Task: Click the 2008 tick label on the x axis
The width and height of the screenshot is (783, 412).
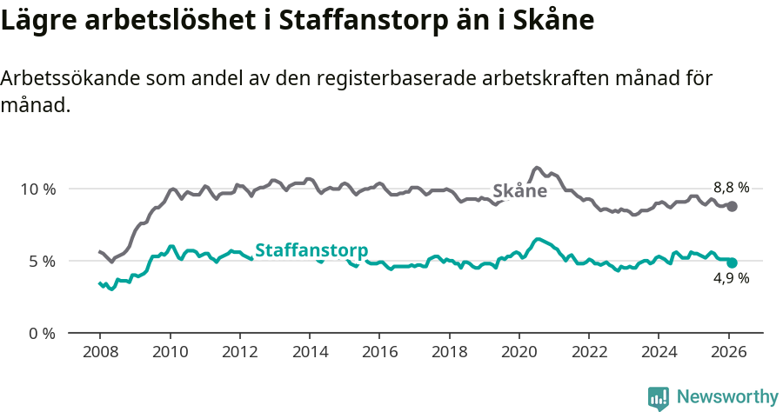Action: point(99,354)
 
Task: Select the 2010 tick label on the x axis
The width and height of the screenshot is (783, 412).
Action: point(170,354)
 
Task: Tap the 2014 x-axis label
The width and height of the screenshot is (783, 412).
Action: point(310,354)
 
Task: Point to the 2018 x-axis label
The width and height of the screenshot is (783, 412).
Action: point(449,354)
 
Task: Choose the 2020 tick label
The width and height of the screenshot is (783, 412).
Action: point(519,354)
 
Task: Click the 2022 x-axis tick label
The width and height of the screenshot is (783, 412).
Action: point(588,354)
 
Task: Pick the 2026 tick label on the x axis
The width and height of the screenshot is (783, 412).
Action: point(728,354)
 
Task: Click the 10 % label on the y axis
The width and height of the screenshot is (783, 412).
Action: point(38,189)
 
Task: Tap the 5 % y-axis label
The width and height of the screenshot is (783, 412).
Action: point(42,261)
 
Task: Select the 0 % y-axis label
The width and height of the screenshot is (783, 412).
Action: point(42,333)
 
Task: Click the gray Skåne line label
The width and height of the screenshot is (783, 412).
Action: point(519,191)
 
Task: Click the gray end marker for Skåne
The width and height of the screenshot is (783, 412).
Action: point(733,206)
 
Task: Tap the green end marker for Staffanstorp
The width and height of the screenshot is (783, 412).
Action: point(733,262)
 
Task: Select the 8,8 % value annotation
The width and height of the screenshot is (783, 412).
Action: point(731,187)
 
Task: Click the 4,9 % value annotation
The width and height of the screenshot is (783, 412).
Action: point(731,279)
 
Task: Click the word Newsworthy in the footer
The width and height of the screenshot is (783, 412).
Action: point(726,397)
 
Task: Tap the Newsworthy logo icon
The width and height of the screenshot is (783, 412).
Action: point(659,398)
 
